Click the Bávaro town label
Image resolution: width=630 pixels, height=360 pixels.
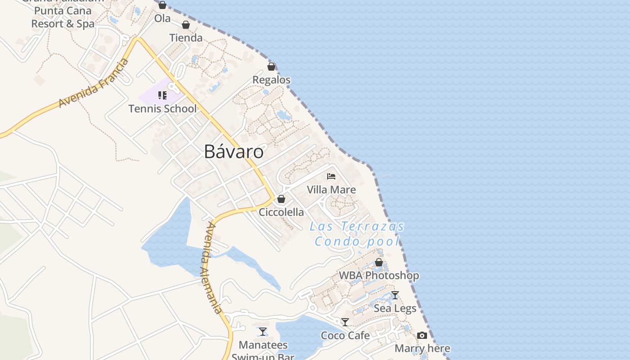(x=234, y=152)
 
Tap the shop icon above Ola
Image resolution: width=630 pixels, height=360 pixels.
(x=162, y=5)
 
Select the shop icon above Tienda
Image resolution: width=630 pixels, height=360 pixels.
(x=186, y=25)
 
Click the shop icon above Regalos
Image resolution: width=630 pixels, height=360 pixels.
(x=271, y=67)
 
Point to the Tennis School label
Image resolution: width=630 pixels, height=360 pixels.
(x=162, y=108)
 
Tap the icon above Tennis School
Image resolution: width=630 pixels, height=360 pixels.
(x=162, y=95)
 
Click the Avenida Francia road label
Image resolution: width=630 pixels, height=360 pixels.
(x=94, y=83)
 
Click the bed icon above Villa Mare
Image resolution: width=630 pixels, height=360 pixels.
(x=331, y=176)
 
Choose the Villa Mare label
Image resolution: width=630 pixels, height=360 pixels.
(x=331, y=189)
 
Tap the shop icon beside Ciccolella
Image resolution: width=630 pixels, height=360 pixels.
(x=281, y=199)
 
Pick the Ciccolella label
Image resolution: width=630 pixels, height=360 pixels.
(x=281, y=212)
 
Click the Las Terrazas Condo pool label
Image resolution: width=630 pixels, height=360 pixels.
(x=357, y=234)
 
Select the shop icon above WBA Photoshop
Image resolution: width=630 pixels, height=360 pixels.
(x=379, y=262)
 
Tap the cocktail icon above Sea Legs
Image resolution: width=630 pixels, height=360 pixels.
(x=395, y=295)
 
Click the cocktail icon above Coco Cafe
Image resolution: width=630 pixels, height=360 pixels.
(x=345, y=322)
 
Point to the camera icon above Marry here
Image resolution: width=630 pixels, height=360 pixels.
(x=422, y=335)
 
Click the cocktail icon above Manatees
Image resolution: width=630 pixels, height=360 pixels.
(x=263, y=332)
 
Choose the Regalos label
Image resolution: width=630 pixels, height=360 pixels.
(x=271, y=80)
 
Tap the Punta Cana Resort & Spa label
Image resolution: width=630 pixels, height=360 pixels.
(x=63, y=17)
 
